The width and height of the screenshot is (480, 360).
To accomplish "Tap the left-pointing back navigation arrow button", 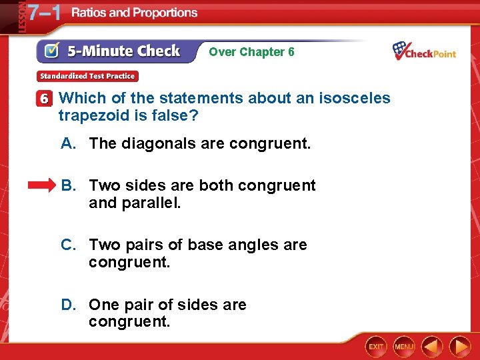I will click(432, 347).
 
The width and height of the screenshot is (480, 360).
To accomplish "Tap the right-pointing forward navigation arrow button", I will click(460, 347).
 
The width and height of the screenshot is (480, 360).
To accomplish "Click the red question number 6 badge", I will click(44, 99).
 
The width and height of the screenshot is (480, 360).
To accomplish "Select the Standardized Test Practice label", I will click(87, 76).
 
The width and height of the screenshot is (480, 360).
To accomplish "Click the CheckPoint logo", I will click(424, 51).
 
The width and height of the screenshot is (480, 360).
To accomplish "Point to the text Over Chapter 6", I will click(251, 51).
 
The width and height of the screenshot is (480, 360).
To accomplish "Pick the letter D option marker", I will click(68, 305).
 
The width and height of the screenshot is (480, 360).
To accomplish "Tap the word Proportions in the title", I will click(164, 13).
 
